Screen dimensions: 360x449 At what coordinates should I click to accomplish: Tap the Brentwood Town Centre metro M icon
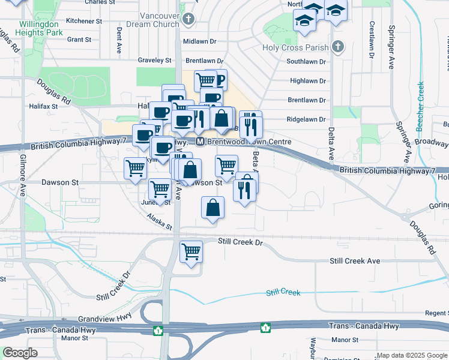click(200, 142)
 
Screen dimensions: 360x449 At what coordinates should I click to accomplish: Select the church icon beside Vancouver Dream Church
click(188, 19)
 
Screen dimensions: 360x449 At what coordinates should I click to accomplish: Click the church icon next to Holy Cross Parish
click(338, 47)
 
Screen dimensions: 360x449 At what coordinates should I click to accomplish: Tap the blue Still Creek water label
click(283, 292)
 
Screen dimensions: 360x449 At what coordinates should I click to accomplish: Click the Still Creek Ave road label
click(355, 261)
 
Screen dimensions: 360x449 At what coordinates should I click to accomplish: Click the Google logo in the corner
click(20, 353)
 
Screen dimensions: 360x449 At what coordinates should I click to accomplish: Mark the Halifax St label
click(43, 106)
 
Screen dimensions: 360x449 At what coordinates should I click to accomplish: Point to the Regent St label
click(436, 313)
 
